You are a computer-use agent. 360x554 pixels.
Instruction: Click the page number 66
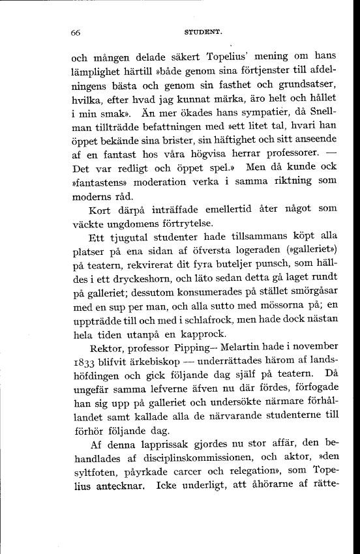(x=76, y=32)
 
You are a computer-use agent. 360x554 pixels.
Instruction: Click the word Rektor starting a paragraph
(x=108, y=366)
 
